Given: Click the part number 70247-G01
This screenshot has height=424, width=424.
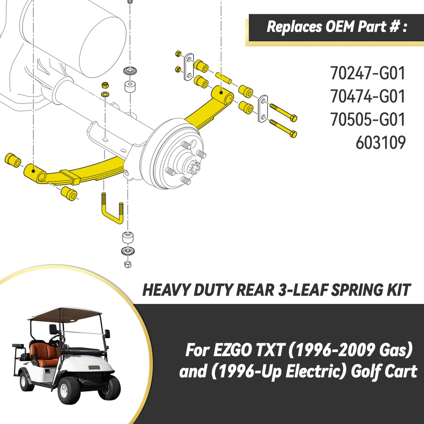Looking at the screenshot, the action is click(367, 73).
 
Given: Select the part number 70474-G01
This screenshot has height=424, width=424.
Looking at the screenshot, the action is click(367, 96).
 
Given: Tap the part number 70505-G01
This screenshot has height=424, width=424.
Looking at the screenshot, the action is click(367, 119).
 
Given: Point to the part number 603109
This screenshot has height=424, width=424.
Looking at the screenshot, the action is click(381, 142).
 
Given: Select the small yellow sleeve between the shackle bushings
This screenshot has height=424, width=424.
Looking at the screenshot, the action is click(223, 78).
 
